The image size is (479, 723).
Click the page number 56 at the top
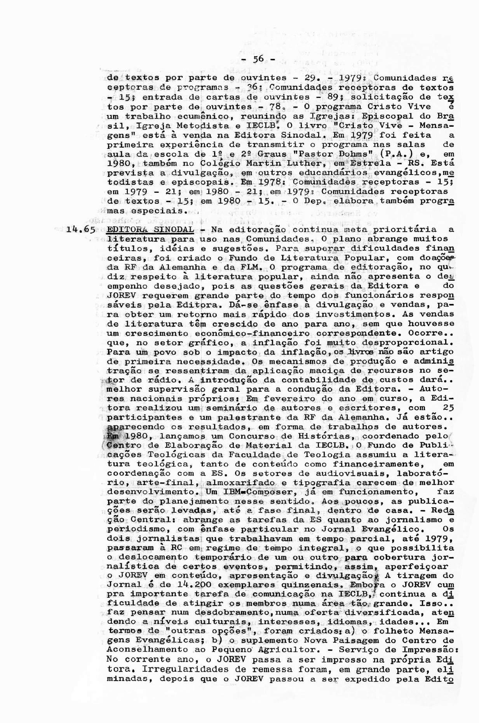point(258,59)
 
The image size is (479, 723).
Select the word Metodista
point(198,125)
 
